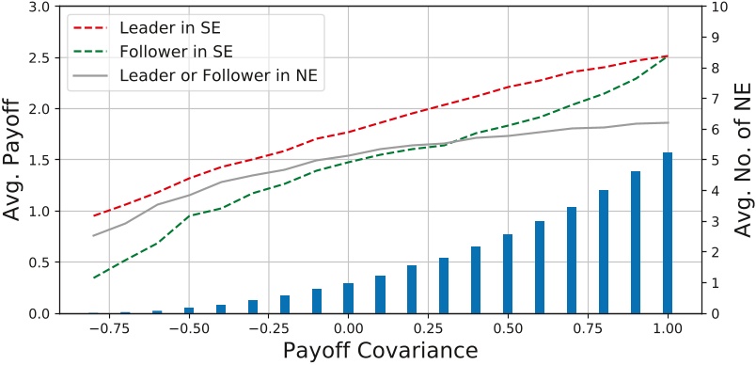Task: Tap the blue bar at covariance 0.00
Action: click(x=348, y=298)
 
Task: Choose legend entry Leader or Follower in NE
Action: click(x=222, y=76)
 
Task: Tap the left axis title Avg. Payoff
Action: click(x=17, y=158)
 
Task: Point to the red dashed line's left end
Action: click(x=93, y=215)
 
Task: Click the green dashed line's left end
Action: click(x=93, y=278)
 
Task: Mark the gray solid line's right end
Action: click(x=667, y=122)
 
